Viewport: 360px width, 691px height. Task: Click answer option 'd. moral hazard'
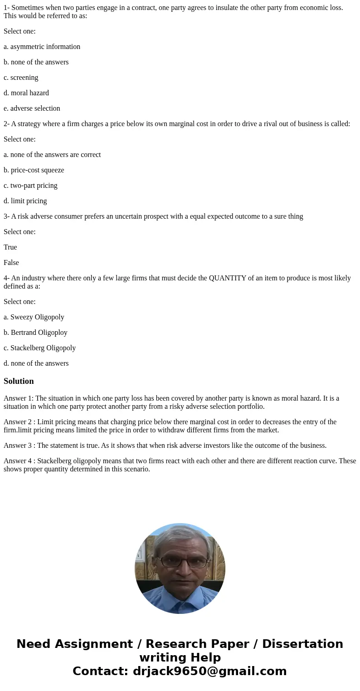(26, 93)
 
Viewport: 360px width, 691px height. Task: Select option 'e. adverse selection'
(32, 108)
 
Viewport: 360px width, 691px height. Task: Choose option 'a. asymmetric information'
(42, 47)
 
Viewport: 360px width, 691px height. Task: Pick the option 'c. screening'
(21, 78)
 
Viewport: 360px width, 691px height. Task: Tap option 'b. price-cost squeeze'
(34, 170)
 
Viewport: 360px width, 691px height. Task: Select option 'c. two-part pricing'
(30, 186)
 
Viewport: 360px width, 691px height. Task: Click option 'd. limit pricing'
(25, 201)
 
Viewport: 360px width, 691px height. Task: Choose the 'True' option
(10, 247)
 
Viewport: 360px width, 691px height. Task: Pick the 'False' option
(11, 263)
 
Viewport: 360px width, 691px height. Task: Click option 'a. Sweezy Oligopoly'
(34, 317)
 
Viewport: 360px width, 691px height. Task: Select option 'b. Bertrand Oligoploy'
(35, 333)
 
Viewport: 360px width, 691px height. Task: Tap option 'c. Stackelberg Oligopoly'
(39, 348)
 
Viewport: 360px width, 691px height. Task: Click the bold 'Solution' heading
(19, 381)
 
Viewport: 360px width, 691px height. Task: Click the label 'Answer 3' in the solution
(18, 446)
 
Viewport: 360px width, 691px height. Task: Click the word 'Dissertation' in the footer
(302, 644)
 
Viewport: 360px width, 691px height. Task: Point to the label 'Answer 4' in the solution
(18, 461)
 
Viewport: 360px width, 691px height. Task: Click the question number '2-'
(6, 124)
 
